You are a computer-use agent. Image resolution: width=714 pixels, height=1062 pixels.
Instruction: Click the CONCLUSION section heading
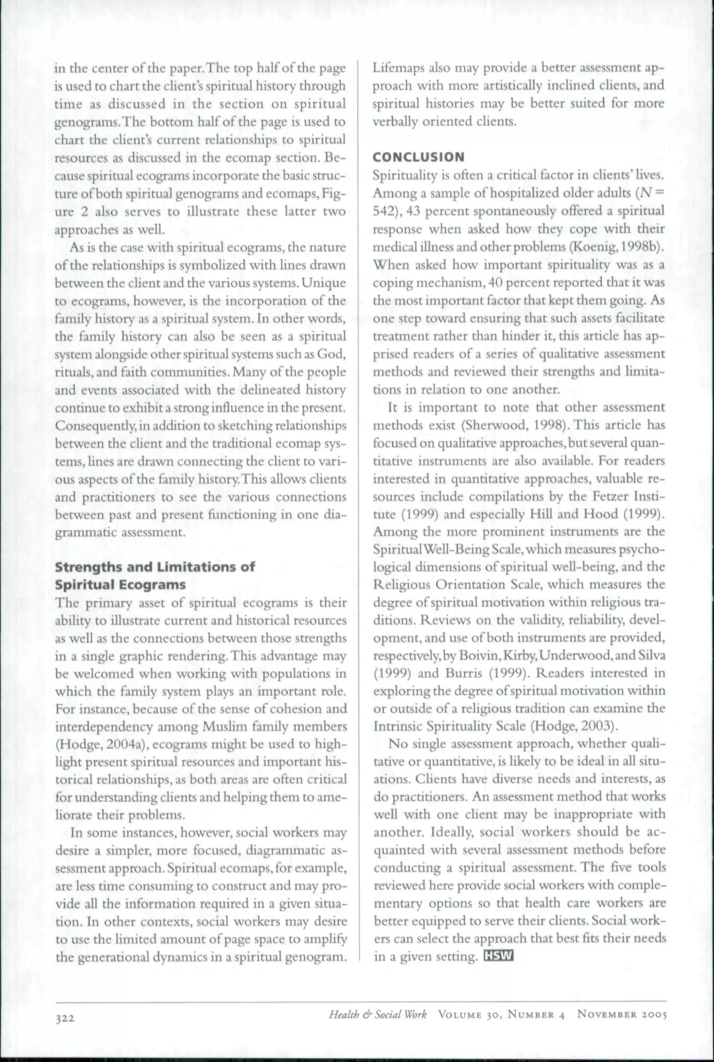pos(418,157)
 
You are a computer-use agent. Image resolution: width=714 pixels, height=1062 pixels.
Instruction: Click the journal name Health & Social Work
pos(378,1014)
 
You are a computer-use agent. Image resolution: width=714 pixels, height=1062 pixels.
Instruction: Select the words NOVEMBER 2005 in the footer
pos(622,1014)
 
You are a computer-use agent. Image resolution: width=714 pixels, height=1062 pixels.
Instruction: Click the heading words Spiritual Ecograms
pos(120,585)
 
